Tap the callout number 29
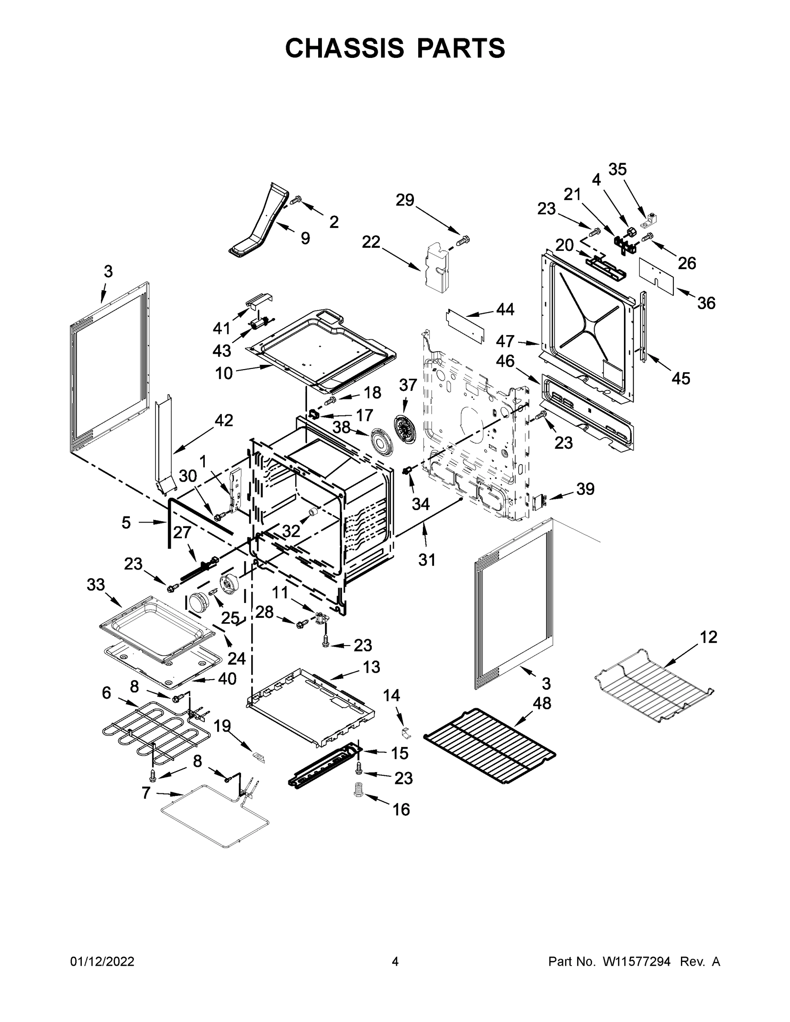[405, 200]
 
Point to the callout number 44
[505, 309]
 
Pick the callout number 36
[706, 303]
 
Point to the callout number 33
[95, 585]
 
